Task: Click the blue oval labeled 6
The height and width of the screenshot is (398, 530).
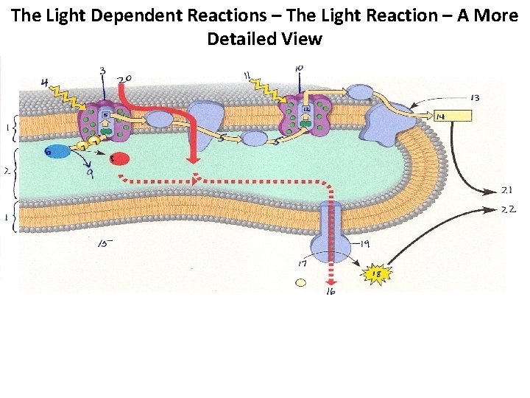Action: point(59,151)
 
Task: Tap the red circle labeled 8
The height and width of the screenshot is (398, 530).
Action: point(119,159)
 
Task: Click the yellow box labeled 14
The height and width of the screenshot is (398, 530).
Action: point(453,116)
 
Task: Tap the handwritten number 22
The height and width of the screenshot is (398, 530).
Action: point(509,209)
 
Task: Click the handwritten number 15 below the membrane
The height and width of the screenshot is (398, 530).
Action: point(105,243)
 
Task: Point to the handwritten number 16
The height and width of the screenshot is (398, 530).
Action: point(331,293)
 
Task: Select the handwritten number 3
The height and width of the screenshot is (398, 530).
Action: point(102,71)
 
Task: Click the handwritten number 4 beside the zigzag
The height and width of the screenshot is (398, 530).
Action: point(46,84)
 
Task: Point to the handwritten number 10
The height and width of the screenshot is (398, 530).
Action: point(298,70)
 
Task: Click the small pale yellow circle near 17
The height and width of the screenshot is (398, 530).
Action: point(300,282)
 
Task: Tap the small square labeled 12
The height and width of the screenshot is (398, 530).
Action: point(304,110)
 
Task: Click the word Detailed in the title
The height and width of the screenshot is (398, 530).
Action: point(241,38)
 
